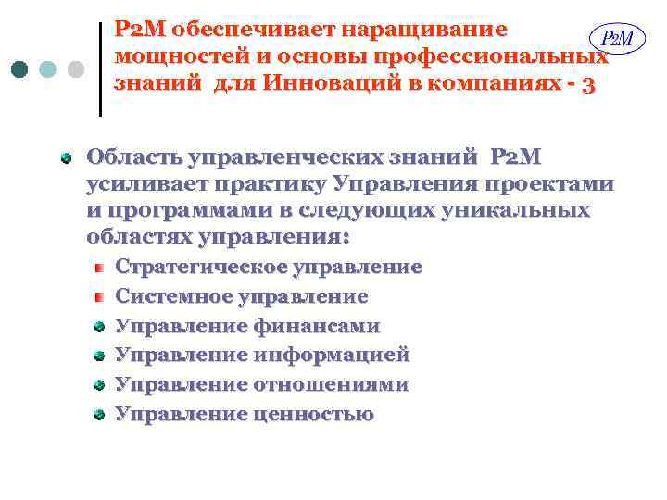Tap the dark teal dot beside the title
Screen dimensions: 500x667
[x=20, y=69]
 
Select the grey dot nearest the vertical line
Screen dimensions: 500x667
[x=76, y=69]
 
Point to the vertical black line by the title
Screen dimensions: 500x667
[x=100, y=69]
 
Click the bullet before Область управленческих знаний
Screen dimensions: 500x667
[x=66, y=158]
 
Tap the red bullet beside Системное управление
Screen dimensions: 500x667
[x=97, y=297]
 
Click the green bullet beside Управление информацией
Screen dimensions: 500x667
[x=97, y=356]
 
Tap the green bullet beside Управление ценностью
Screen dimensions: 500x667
[x=97, y=414]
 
